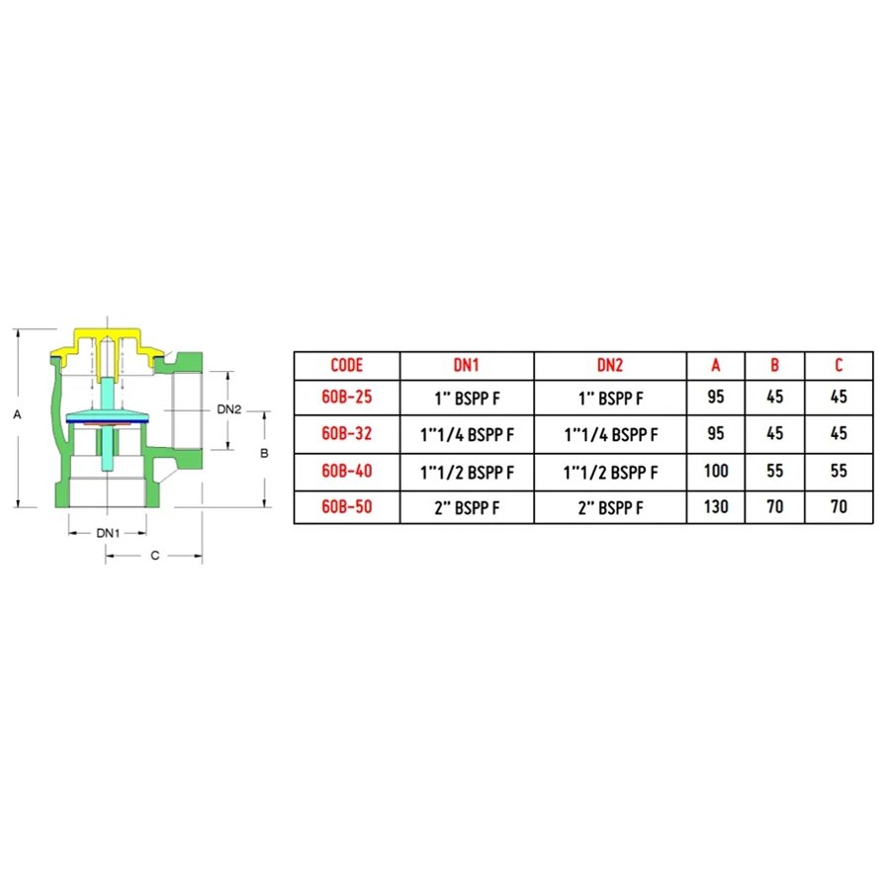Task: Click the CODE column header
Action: [346, 365]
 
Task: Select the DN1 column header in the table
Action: [466, 365]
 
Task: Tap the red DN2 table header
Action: [609, 365]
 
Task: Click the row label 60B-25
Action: [346, 397]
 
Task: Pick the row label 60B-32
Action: [346, 434]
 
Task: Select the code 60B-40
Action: [346, 471]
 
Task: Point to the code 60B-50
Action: [346, 506]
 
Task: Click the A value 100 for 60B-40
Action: [716, 471]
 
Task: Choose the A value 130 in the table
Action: [716, 506]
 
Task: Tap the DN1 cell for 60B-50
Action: [467, 507]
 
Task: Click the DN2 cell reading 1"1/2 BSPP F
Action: [610, 473]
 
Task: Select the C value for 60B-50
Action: [839, 506]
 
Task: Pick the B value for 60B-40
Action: [774, 471]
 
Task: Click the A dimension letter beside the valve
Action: [17, 415]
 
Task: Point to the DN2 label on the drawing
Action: [229, 409]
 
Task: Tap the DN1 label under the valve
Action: [108, 533]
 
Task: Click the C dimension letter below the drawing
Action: [155, 555]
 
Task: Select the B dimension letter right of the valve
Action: [264, 454]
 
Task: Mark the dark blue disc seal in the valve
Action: [107, 421]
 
